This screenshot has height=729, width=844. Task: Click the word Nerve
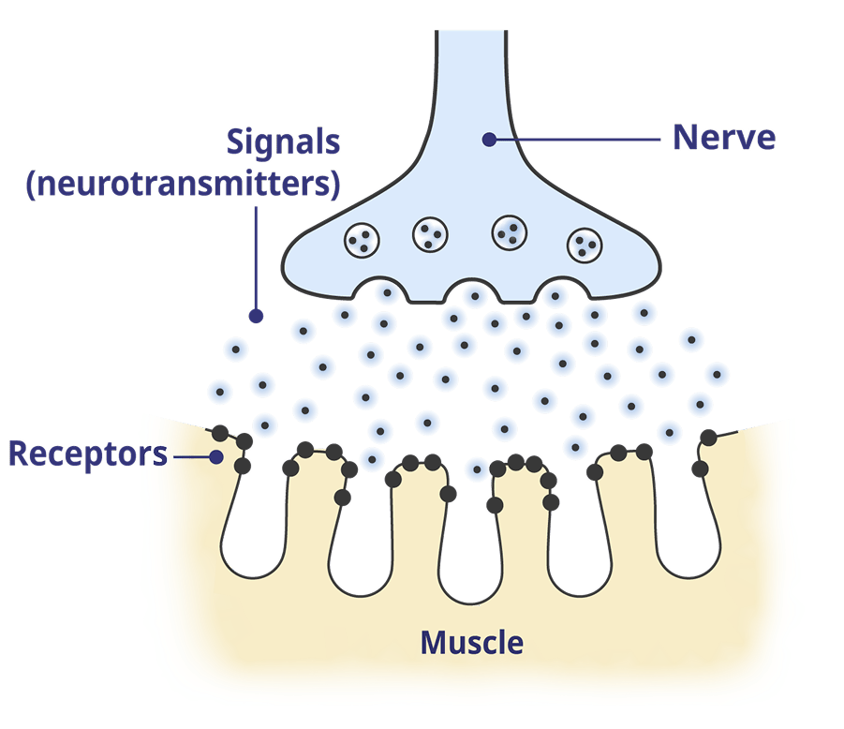[724, 139]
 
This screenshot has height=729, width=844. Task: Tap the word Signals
[284, 144]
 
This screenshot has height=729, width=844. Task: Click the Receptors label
[87, 455]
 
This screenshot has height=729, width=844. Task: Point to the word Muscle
[471, 643]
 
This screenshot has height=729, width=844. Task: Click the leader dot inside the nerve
[488, 140]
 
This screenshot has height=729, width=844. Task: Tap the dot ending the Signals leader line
[254, 317]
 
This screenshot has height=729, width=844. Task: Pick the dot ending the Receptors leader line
[217, 457]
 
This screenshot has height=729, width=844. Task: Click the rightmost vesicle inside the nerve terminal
[584, 245]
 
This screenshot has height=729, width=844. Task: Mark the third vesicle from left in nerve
[510, 231]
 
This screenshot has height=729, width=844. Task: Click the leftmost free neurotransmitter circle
[220, 393]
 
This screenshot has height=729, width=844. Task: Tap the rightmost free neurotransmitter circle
[717, 374]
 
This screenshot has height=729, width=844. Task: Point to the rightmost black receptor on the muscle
[709, 437]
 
